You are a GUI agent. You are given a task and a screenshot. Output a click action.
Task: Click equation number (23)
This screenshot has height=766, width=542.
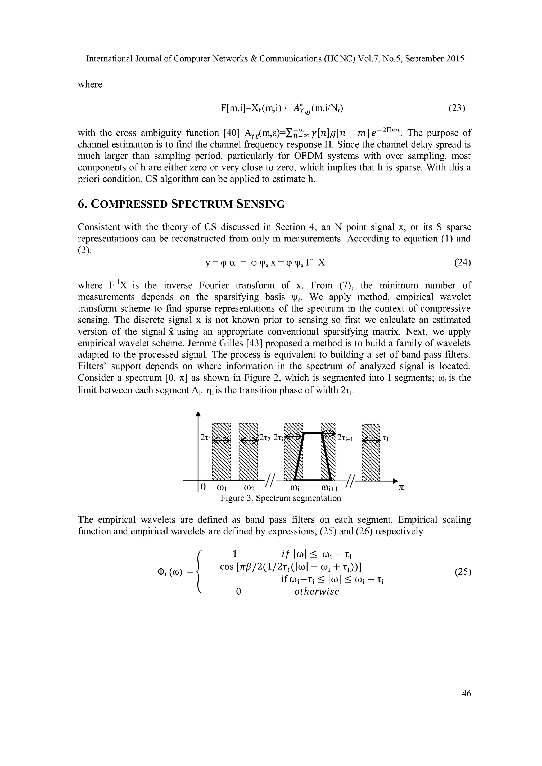coord(457,108)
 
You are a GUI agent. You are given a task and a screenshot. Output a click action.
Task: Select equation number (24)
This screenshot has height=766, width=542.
coord(463,263)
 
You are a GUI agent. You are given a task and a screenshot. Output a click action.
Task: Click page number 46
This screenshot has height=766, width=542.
coord(466,693)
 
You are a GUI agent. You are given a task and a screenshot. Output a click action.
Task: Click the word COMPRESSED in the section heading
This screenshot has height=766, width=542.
coord(129,204)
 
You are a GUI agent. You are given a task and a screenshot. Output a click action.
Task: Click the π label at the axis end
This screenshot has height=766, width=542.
coord(401,488)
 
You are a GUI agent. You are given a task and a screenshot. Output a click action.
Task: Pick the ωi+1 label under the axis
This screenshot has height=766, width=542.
coord(329,488)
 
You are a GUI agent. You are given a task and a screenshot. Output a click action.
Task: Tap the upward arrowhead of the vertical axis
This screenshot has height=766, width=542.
coord(198,414)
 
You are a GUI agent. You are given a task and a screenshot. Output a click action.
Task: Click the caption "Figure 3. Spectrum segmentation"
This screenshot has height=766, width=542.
coord(280,498)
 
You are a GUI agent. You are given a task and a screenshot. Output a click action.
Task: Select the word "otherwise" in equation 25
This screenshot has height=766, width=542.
coord(317,591)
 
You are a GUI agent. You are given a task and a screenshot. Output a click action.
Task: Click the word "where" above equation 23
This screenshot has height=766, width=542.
coord(90,84)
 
